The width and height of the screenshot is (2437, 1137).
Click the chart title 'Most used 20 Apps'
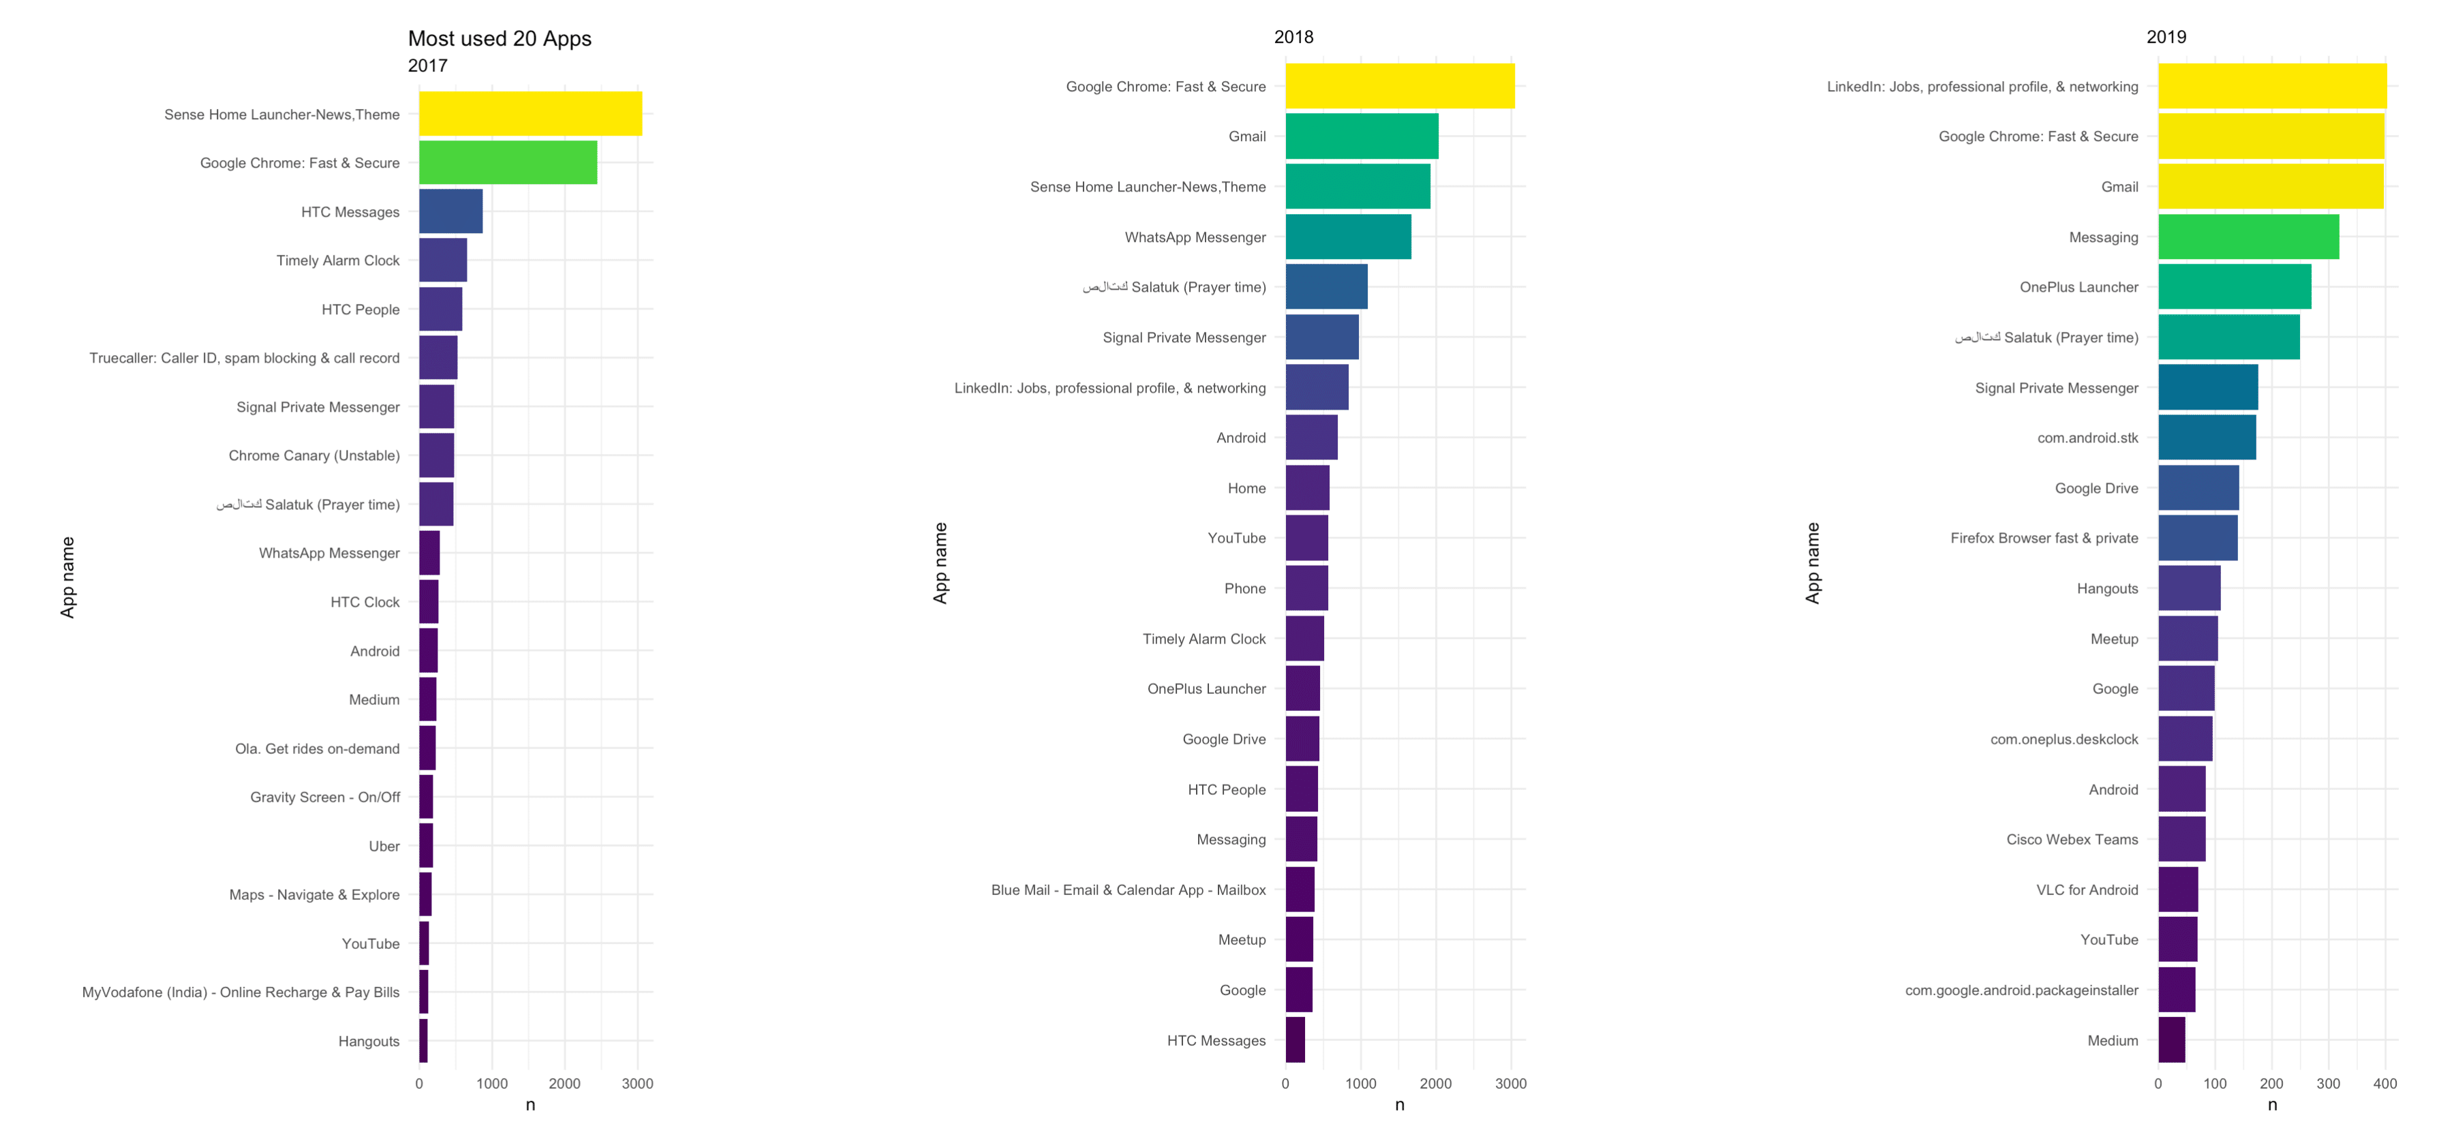tap(500, 39)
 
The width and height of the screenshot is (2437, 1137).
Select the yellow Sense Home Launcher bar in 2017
tap(530, 114)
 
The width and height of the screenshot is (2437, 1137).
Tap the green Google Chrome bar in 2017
tap(508, 163)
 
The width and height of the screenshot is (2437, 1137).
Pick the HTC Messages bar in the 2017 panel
tap(450, 211)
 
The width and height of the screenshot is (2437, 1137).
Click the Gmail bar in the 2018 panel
tap(1362, 136)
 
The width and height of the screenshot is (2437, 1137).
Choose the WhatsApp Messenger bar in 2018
tap(1348, 237)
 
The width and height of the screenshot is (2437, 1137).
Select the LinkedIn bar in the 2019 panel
tap(2271, 86)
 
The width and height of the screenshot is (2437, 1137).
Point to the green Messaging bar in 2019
tap(2248, 237)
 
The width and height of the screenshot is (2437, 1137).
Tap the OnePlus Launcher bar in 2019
tap(2234, 286)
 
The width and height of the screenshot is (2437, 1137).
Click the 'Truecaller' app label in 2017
tap(244, 358)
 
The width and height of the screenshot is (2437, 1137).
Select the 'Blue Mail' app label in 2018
tap(1128, 889)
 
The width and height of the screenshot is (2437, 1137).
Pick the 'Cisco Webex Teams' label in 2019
tap(2072, 839)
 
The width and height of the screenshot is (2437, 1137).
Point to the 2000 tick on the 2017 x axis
tap(565, 1083)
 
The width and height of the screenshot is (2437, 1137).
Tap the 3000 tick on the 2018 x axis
tap(1511, 1083)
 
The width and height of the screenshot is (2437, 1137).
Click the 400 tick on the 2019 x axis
tap(2385, 1083)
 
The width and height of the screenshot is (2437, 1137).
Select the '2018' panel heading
tap(1293, 37)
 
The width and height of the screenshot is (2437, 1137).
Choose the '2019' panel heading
tap(2166, 37)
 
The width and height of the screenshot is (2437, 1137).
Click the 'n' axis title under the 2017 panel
tap(530, 1105)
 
